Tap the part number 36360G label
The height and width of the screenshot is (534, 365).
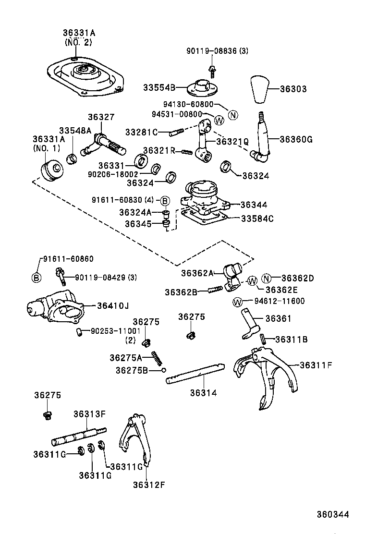click(296, 139)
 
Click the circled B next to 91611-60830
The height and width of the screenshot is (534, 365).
click(164, 200)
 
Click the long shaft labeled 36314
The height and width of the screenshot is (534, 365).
click(195, 374)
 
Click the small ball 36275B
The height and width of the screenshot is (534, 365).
click(164, 370)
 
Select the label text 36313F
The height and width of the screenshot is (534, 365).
click(89, 413)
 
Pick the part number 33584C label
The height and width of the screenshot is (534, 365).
click(257, 218)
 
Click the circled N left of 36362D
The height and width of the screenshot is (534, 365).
click(267, 279)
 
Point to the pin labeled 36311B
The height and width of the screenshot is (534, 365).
click(263, 339)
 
